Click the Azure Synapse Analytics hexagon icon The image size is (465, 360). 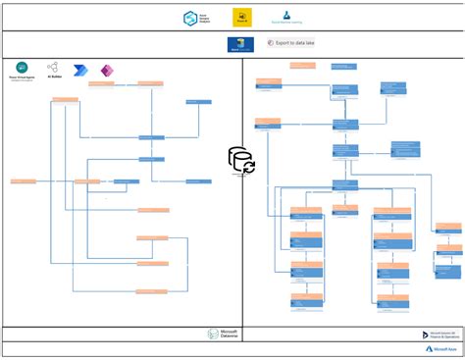point(189,18)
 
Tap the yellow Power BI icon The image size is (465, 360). point(239,18)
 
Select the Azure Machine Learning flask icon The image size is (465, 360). point(287,15)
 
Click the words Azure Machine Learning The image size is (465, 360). point(287,24)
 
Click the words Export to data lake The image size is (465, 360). point(295,43)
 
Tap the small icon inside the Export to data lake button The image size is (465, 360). point(271,43)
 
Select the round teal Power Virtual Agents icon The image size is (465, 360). point(22,67)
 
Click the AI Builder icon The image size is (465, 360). point(52,67)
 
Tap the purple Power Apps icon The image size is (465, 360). point(107,71)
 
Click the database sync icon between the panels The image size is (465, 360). point(241,160)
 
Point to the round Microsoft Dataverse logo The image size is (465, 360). point(213,334)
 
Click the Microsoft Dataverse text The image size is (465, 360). point(229,334)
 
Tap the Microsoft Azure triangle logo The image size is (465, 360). point(430,348)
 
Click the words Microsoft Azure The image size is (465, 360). point(447,348)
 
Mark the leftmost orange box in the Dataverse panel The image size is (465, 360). point(24,180)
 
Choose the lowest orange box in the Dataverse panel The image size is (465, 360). point(151,291)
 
